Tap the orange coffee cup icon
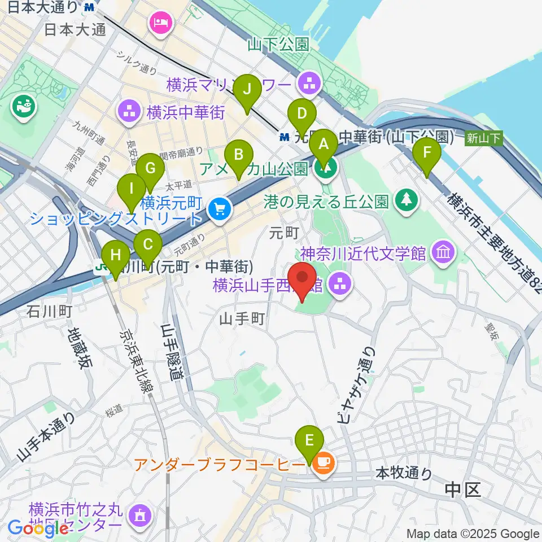tap(324, 464)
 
